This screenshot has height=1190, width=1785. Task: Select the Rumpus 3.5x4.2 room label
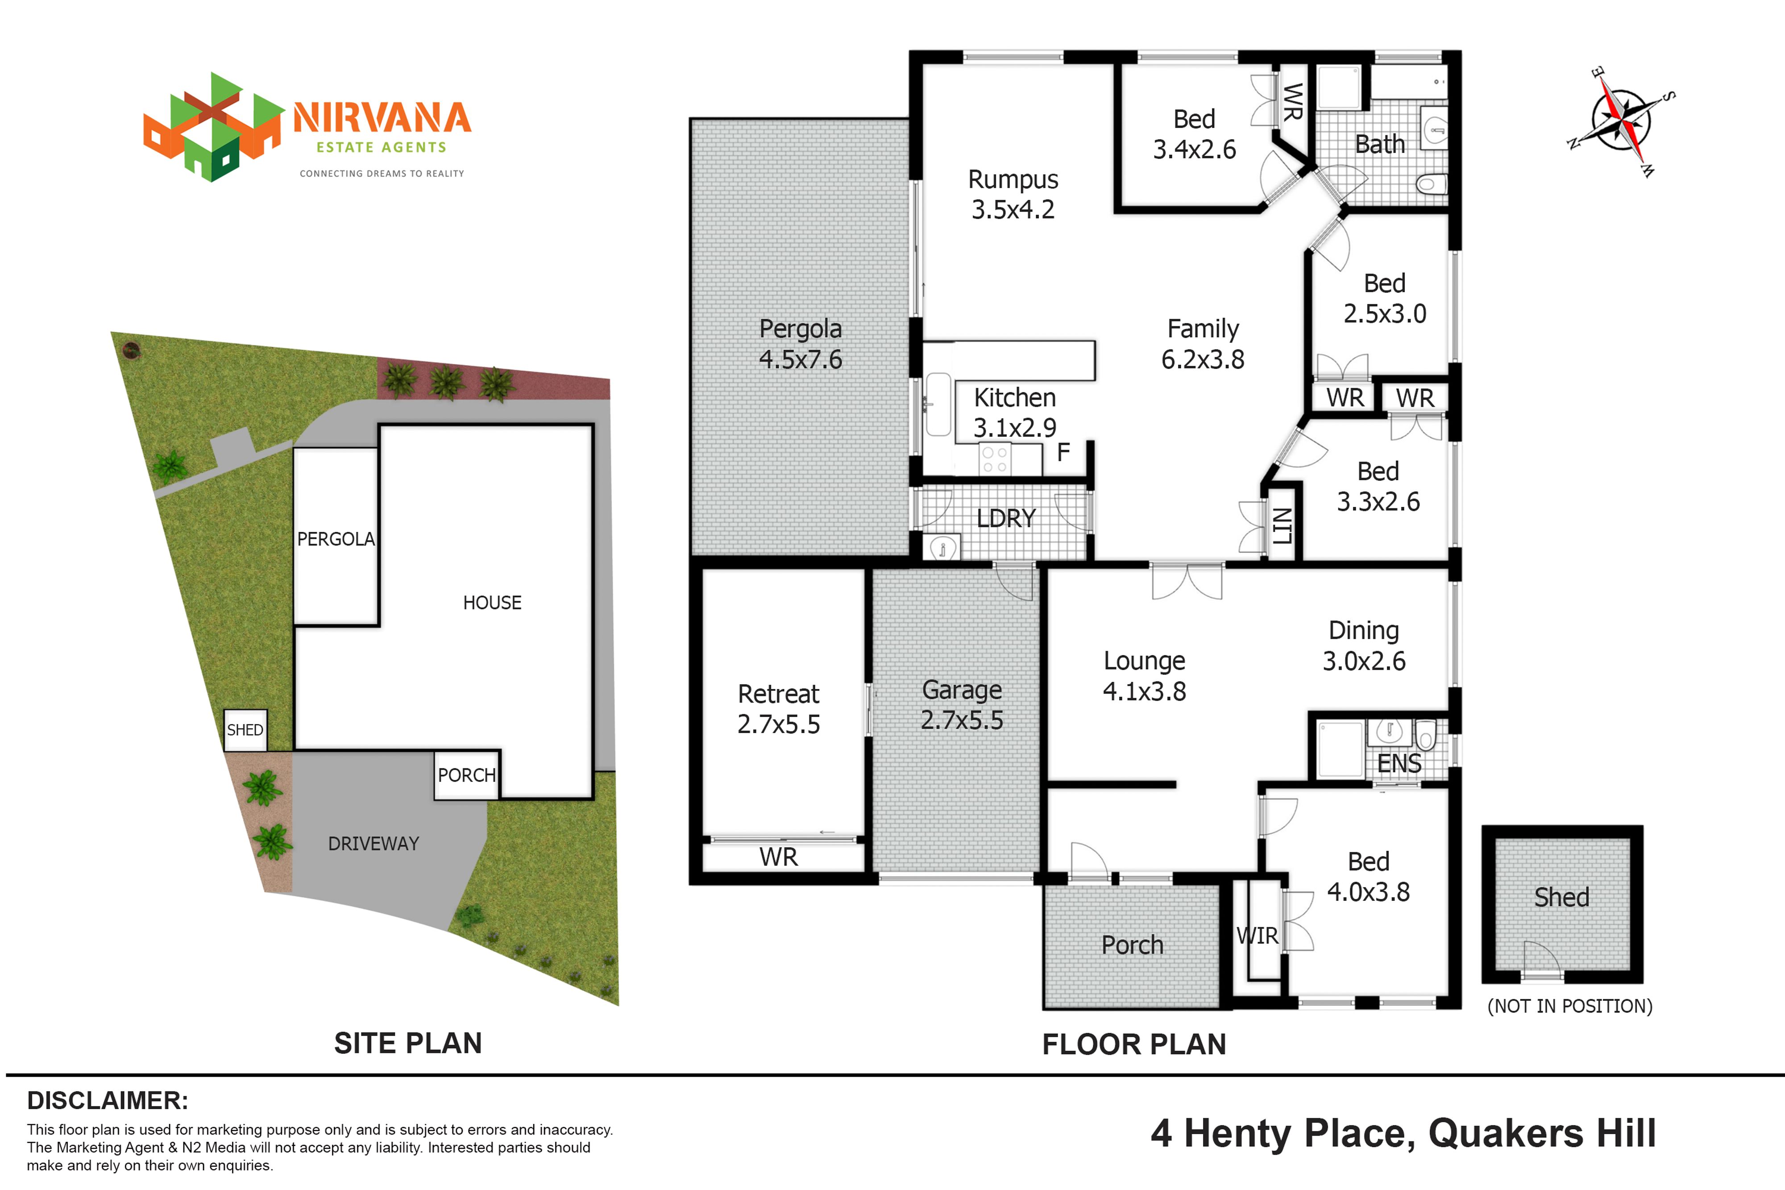(x=1013, y=194)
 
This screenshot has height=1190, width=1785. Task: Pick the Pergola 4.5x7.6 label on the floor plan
(x=801, y=344)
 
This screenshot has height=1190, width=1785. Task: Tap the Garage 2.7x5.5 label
(x=962, y=705)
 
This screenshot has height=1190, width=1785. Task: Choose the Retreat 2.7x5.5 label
(x=779, y=709)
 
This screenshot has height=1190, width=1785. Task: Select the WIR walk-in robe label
(x=1258, y=936)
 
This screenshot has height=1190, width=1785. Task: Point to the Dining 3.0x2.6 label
(x=1364, y=646)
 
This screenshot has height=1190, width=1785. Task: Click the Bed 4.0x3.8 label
(x=1368, y=877)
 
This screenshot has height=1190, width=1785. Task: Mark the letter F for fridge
(x=1063, y=452)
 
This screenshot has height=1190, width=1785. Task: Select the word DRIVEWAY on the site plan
(x=374, y=843)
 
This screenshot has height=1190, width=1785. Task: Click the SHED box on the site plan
(x=245, y=730)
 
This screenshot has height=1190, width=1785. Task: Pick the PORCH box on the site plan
(x=467, y=775)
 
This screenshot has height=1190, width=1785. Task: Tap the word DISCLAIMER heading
(x=108, y=1100)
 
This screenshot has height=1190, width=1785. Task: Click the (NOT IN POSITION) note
(x=1569, y=1006)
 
